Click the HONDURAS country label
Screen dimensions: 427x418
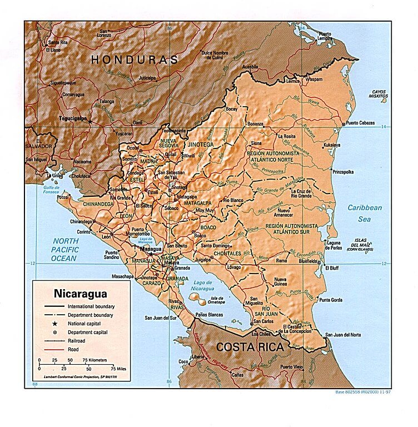(135, 59)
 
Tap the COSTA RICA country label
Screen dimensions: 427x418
(250, 347)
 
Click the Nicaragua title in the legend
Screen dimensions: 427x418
(80, 293)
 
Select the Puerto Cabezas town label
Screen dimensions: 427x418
(360, 123)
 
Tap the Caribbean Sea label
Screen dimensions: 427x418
(365, 212)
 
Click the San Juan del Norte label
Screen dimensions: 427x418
(343, 335)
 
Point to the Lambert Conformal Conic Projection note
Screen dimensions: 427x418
(73, 377)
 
